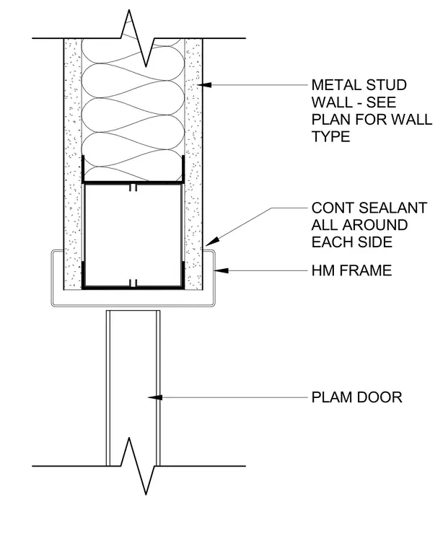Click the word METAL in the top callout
[336, 85]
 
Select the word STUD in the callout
[387, 85]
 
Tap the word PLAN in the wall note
[331, 120]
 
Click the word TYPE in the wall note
[331, 136]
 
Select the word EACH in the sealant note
[333, 242]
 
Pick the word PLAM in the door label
[332, 397]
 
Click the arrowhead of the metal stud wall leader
[206, 84]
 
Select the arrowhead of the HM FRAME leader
[222, 270]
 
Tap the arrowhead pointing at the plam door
[155, 397]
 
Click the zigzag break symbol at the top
[138, 37]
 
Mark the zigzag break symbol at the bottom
[138, 466]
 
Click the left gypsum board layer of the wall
[73, 164]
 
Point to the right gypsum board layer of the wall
[193, 164]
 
